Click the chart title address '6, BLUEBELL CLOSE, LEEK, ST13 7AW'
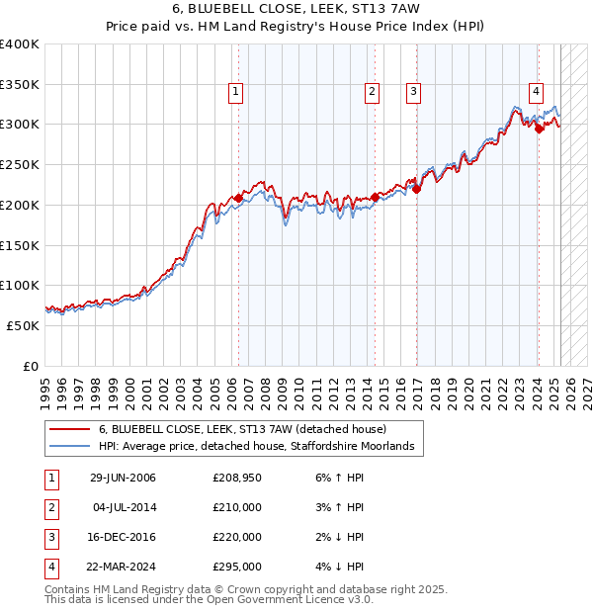pos(296,10)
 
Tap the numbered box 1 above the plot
pos(237,92)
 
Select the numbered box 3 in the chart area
pos(412,92)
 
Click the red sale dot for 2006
pos(238,198)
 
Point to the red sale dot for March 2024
pos(539,129)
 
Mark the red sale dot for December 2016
pos(416,189)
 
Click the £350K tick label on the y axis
pos(20,85)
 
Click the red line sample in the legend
pos(70,429)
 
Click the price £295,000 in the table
pos(237,568)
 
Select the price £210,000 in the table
pos(237,508)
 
